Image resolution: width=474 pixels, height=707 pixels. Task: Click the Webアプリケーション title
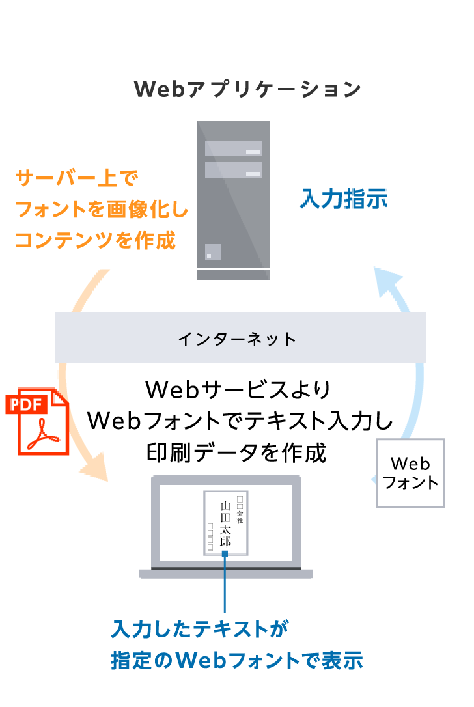pos(247,89)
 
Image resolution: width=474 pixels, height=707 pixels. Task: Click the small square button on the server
pos(212,251)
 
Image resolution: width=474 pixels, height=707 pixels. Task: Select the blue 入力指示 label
pos(343,199)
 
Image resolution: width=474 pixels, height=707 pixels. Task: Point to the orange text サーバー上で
pos(77,178)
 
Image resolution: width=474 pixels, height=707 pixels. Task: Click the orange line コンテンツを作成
pos(95,241)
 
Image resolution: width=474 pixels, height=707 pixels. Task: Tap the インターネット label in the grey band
pos(237,339)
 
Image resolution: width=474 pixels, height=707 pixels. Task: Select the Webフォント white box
pos(410,473)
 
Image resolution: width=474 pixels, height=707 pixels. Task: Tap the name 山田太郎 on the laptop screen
pos(225,523)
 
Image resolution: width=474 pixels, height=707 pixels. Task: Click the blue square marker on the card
pos(225,553)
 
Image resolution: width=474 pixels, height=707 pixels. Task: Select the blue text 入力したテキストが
pos(199,629)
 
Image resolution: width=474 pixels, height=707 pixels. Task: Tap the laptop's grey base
pos(225,574)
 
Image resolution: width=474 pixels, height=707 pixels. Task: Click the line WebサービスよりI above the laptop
pos(238,390)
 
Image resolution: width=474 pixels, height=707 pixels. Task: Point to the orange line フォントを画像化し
pos(102,210)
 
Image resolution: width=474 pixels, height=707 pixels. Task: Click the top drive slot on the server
pos(233,148)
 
